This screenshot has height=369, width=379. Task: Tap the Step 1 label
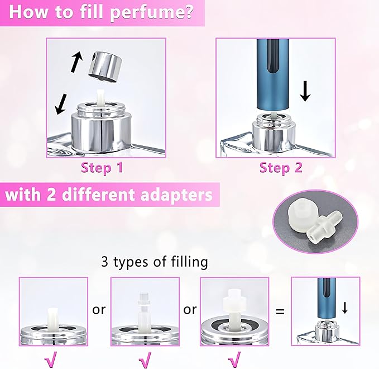[x=103, y=167]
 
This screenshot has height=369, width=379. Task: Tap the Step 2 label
[x=281, y=167]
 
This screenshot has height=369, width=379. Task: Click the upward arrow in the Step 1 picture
[x=76, y=61]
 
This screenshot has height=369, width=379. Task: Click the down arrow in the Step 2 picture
[x=305, y=92]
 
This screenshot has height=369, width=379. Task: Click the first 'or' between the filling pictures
[x=99, y=309]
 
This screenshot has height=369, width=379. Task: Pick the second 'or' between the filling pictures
[x=190, y=309]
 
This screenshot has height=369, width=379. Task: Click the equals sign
[x=280, y=310]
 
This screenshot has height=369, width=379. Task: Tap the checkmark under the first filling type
[x=54, y=356]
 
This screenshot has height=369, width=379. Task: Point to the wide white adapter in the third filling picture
[x=235, y=302]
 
